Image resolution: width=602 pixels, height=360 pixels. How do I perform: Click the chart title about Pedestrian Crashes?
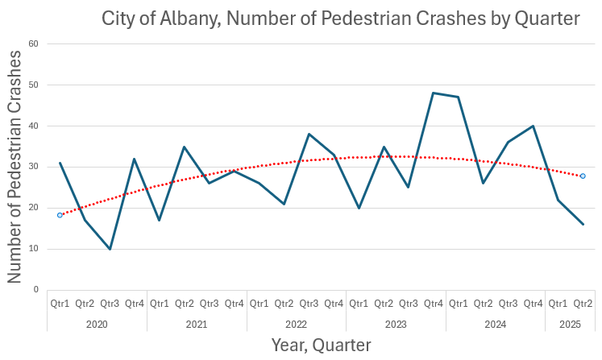[340, 19]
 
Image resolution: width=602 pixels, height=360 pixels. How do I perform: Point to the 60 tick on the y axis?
[34, 43]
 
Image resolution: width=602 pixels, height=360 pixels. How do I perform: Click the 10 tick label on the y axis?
[34, 249]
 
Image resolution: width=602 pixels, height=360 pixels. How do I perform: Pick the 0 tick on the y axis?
[36, 289]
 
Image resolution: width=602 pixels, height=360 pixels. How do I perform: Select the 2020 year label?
[97, 324]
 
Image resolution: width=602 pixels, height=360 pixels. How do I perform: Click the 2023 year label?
[396, 324]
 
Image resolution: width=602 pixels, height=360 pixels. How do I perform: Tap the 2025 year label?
[570, 324]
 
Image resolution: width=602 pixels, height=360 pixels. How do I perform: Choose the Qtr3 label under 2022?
[309, 304]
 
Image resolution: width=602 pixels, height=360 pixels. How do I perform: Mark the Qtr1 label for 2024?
[459, 304]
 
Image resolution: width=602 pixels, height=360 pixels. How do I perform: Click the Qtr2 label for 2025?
[583, 304]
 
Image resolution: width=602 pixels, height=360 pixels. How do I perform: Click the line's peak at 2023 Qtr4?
[434, 93]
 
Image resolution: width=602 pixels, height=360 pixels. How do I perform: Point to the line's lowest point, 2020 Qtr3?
[110, 249]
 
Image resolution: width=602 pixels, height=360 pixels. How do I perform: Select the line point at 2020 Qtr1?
[60, 163]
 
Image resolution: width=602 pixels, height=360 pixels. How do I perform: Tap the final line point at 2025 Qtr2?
[583, 224]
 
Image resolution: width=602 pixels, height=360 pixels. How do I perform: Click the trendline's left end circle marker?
[60, 215]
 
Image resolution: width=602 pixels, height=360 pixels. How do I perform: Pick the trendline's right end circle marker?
[583, 176]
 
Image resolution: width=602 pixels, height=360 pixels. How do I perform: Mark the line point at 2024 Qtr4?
[533, 126]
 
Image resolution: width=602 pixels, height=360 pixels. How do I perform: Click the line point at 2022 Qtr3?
[309, 134]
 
